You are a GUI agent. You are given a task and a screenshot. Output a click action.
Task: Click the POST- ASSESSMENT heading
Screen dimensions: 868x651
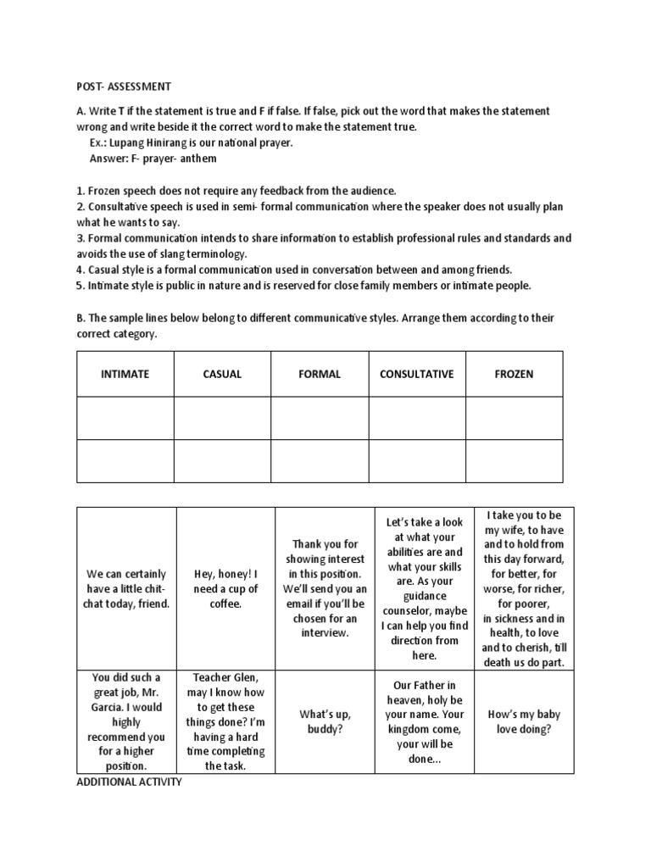(119, 86)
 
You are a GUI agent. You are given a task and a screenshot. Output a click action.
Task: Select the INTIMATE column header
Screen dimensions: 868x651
(125, 374)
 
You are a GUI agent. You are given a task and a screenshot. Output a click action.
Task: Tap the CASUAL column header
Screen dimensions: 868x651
(222, 374)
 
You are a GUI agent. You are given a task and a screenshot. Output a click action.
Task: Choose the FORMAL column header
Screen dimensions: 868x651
(320, 374)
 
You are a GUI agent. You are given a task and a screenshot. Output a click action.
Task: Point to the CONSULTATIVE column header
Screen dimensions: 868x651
(416, 374)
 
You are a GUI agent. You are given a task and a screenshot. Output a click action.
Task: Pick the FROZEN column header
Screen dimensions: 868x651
(514, 374)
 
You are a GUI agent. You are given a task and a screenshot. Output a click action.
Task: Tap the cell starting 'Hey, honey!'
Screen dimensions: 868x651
(225, 588)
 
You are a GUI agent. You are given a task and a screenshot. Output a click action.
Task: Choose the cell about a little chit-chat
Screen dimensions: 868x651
(127, 588)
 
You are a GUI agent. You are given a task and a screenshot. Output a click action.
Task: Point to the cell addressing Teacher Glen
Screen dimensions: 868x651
(225, 721)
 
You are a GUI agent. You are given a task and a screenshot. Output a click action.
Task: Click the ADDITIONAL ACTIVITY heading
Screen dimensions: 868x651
(129, 782)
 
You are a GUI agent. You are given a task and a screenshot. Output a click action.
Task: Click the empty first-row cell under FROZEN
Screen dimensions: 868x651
(514, 418)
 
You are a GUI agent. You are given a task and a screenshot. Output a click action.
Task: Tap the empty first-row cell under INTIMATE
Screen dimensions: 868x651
(125, 418)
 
